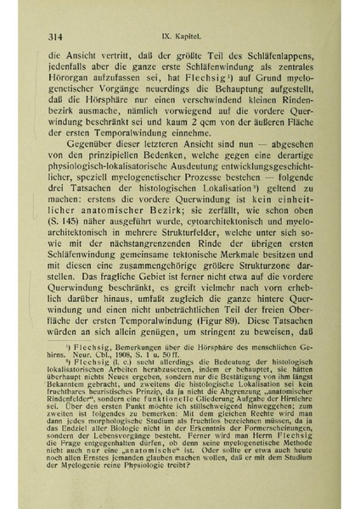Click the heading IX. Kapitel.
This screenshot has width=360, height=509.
point(182,36)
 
